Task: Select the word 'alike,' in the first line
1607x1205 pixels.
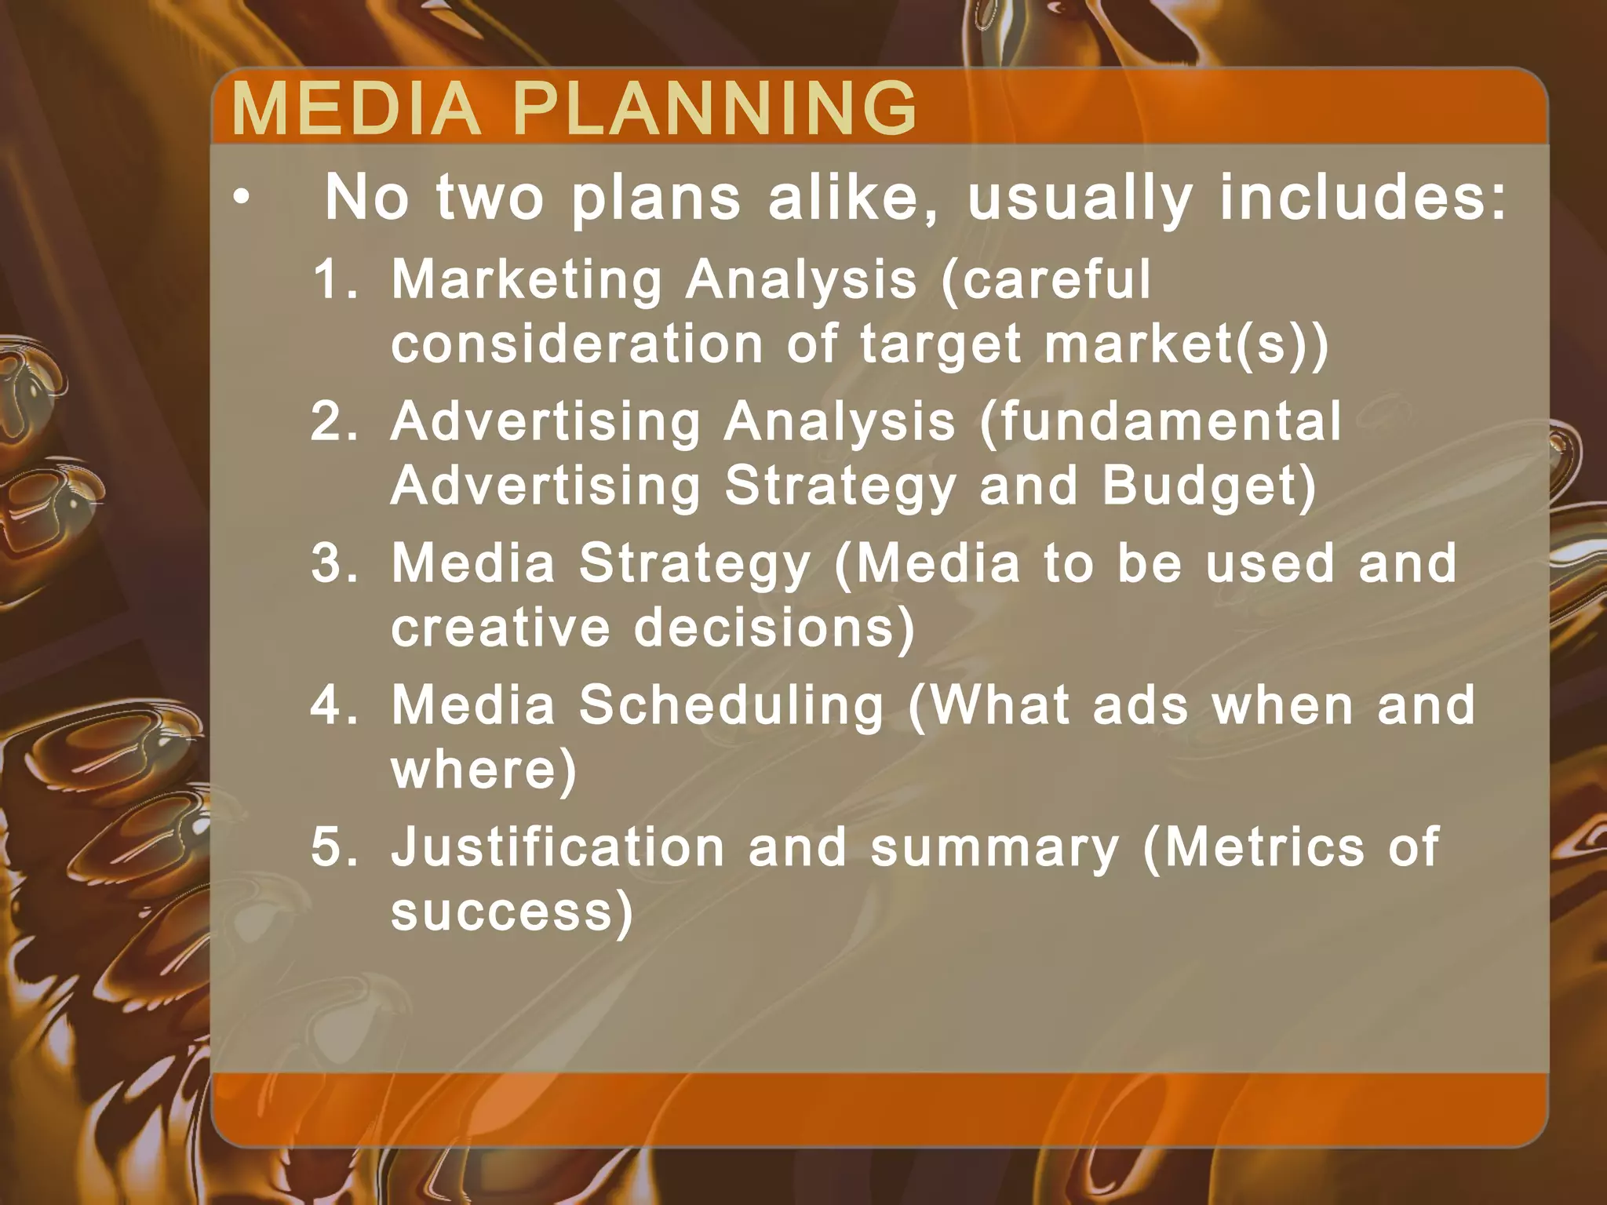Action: (x=854, y=197)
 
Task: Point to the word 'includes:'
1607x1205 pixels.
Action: (x=1363, y=197)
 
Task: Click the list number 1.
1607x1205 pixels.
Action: (x=334, y=279)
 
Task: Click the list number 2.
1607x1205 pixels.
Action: (x=334, y=421)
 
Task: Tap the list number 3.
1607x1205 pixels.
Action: (x=334, y=563)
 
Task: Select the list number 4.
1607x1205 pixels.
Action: (x=334, y=704)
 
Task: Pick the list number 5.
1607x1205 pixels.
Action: (x=334, y=847)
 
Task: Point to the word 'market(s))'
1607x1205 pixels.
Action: (x=1186, y=344)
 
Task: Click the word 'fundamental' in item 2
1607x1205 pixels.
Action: (x=1161, y=421)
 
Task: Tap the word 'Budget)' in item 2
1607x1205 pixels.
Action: (x=1209, y=486)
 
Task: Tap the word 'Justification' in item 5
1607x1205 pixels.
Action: (x=558, y=847)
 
